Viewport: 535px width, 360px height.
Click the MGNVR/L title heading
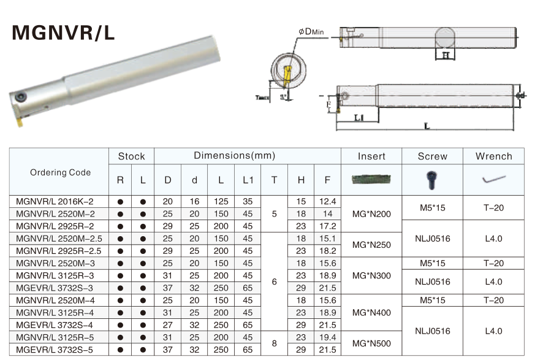click(x=64, y=33)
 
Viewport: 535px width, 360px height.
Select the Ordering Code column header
click(x=60, y=172)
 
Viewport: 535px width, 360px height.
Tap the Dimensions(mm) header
click(x=234, y=156)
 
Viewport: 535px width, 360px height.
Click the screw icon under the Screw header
click(x=431, y=179)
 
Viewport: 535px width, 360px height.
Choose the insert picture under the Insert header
click(x=371, y=180)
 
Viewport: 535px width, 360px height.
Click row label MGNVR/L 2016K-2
click(x=55, y=202)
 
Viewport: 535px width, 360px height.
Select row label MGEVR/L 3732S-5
click(x=55, y=349)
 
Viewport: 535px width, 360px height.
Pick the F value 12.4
click(x=328, y=202)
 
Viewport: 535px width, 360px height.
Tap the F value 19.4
click(x=328, y=337)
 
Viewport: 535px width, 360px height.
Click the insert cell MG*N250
click(x=371, y=245)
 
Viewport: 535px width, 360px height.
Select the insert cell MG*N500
click(x=371, y=343)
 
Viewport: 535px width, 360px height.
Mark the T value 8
click(x=274, y=343)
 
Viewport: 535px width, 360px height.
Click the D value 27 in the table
click(x=167, y=324)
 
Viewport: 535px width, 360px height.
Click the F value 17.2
click(x=328, y=226)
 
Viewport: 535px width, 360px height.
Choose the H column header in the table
click(x=300, y=180)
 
